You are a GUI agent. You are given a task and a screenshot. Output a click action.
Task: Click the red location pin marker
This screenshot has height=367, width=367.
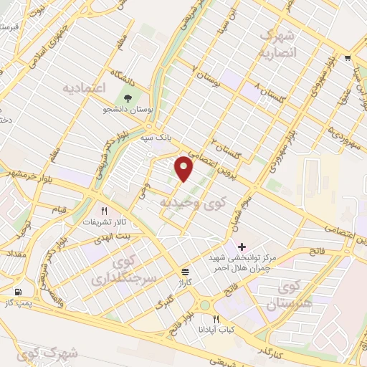point(185,169)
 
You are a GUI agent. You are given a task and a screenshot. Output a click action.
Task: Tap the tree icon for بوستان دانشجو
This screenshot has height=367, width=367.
point(128,99)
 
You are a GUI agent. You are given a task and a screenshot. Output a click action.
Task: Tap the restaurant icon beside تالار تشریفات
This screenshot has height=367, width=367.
point(105,211)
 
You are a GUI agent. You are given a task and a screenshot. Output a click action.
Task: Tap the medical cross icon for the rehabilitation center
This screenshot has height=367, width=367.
point(242,247)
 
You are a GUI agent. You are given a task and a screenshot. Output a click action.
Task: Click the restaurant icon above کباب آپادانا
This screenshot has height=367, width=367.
point(216,319)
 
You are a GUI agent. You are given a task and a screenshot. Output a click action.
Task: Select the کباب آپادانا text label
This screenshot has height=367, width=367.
point(216,330)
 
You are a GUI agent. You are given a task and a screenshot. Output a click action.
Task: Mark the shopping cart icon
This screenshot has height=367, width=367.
point(348,58)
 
